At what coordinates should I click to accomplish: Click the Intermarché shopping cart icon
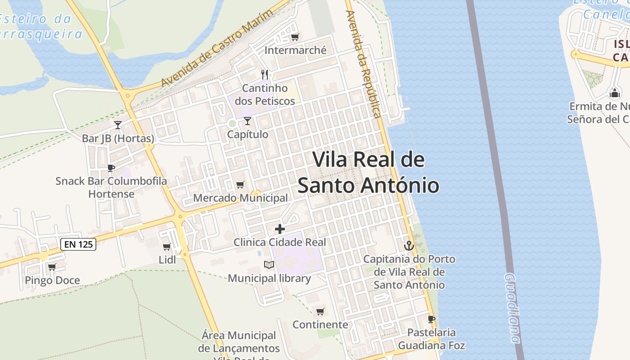295,37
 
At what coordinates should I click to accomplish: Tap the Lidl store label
167,260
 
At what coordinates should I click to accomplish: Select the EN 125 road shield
78,244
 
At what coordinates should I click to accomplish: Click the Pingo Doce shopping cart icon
52,267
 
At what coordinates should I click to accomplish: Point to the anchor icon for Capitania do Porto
409,246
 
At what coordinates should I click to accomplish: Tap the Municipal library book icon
269,265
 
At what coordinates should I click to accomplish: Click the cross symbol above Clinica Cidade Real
280,229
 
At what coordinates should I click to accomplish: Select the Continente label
320,324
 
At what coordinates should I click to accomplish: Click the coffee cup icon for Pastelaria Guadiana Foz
432,319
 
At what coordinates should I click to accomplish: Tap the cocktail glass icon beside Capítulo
247,121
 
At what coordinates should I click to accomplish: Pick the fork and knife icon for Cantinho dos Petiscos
265,74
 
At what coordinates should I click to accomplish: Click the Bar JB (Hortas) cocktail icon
118,125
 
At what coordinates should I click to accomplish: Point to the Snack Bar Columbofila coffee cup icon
111,168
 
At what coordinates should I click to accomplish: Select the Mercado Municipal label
240,198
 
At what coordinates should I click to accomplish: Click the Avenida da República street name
364,63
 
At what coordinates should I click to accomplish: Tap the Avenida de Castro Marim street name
217,49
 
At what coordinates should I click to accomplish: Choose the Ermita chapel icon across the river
614,93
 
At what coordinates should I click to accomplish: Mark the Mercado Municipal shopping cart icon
240,185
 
